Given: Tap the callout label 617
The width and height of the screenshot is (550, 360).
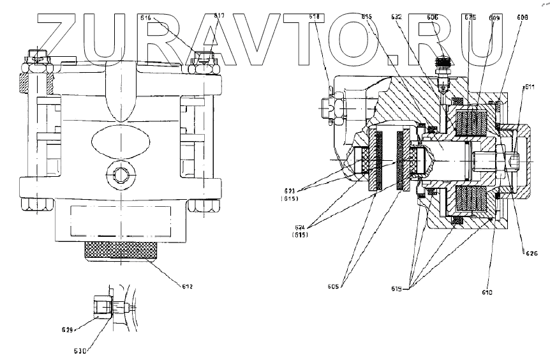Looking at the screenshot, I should [x=219, y=16].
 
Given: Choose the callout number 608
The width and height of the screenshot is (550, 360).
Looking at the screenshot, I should [x=523, y=19].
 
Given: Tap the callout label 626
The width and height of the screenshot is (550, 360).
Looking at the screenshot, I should [x=531, y=253].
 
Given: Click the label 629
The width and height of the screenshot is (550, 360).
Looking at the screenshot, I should [x=69, y=330].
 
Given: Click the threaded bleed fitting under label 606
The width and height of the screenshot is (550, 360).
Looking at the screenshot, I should [x=439, y=65].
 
